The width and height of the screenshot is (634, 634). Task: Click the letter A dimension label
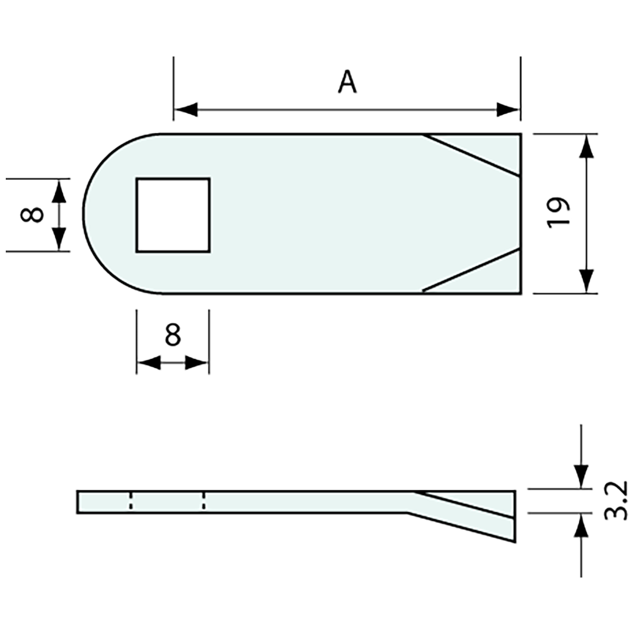tap(347, 82)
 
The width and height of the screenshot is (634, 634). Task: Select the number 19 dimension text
tap(558, 213)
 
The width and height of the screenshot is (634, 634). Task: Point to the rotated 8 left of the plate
tap(32, 214)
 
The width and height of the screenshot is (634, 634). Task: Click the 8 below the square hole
tap(172, 334)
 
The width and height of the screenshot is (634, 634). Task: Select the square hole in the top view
tap(173, 214)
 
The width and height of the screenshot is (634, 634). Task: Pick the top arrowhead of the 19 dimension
tap(586, 146)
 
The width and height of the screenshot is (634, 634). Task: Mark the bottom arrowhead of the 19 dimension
tap(586, 281)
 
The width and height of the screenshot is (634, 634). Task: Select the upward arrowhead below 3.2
tap(581, 526)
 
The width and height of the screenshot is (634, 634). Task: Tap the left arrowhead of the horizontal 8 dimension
tap(149, 363)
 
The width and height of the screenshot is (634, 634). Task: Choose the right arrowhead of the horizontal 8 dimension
tap(196, 363)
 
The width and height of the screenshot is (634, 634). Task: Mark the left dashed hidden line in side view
tap(131, 501)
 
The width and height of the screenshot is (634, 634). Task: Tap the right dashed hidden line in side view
tap(204, 501)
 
